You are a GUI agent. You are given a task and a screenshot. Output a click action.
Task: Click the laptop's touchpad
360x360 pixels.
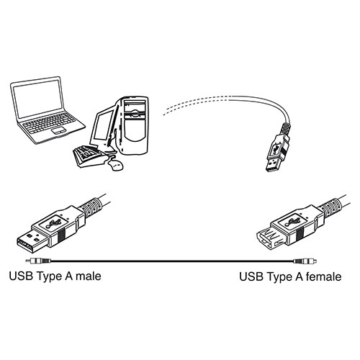click(59, 131)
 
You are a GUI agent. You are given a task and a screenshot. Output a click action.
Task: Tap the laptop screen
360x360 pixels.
click(37, 98)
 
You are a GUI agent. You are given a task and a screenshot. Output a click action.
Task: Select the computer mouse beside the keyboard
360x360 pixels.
click(115, 165)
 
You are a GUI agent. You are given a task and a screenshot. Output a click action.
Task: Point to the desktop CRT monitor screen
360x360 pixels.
click(103, 125)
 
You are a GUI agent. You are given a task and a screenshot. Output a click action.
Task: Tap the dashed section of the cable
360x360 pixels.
click(196, 103)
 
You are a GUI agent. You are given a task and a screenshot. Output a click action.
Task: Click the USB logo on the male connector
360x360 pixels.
click(53, 224)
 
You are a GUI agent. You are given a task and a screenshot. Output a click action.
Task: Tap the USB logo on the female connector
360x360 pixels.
click(292, 223)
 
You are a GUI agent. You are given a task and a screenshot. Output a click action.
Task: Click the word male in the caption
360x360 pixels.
click(89, 276)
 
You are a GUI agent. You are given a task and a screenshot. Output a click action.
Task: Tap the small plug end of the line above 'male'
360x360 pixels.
click(38, 261)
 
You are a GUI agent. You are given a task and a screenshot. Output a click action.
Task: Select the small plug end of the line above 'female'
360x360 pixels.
click(305, 261)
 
